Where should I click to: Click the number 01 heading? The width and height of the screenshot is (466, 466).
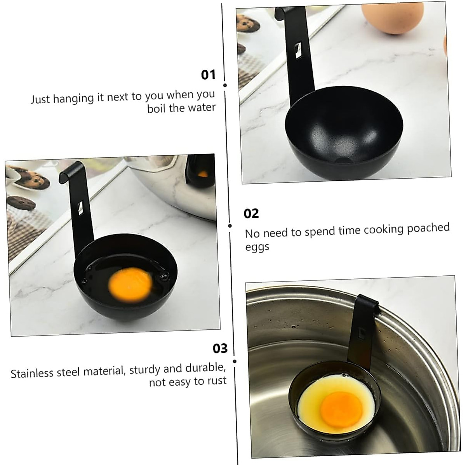click(208, 75)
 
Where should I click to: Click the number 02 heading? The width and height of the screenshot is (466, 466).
click(251, 214)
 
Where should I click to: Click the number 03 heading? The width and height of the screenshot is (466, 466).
click(220, 348)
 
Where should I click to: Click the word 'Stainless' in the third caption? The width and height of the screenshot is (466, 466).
click(32, 373)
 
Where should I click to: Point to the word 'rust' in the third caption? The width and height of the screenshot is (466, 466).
click(217, 381)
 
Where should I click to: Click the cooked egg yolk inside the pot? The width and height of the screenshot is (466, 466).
click(341, 409)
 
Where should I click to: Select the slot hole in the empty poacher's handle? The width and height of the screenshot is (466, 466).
click(297, 51)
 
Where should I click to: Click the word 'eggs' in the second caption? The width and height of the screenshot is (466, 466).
click(257, 247)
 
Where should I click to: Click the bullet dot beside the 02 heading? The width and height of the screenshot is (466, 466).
click(230, 226)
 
